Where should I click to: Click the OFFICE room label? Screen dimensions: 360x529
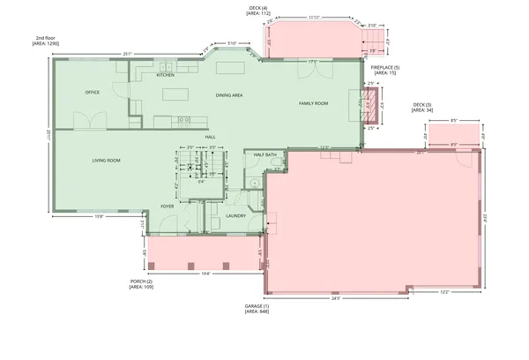tap(92, 92)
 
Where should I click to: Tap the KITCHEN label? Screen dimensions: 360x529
tap(166, 75)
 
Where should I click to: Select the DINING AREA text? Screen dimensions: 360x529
tap(229, 94)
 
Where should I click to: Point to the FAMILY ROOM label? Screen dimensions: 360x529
tap(313, 103)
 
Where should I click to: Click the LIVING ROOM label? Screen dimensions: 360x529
tap(107, 160)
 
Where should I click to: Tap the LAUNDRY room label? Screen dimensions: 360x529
tap(235, 215)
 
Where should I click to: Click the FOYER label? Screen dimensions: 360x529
tap(168, 206)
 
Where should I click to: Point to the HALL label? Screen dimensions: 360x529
tap(211, 137)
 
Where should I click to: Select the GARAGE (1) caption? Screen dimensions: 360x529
tap(257, 309)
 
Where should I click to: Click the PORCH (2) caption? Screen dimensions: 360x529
tap(141, 284)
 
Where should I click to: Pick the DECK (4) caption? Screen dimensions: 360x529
tap(258, 10)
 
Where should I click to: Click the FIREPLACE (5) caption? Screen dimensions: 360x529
tap(385, 70)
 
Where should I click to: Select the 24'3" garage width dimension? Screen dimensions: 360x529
tap(336, 298)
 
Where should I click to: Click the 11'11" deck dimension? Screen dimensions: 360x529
tap(314, 17)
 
